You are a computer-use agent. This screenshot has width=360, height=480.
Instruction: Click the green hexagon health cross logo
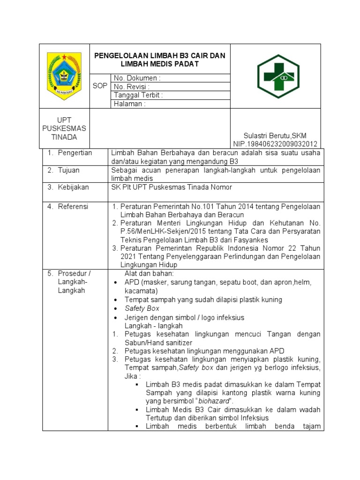tap(278, 76)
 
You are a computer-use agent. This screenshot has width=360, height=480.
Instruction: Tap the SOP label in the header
tap(100, 86)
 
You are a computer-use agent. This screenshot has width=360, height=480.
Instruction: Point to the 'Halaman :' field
tap(129, 104)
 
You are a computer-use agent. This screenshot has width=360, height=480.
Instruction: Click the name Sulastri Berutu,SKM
tap(275, 135)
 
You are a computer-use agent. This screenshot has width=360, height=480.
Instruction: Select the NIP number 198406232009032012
tap(275, 144)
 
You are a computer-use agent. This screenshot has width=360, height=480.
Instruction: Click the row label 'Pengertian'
tap(75, 153)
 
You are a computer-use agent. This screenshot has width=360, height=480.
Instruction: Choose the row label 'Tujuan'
tap(69, 170)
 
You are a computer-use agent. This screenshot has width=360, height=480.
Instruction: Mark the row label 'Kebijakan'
tap(73, 187)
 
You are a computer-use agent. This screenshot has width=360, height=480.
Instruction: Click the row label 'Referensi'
tap(73, 206)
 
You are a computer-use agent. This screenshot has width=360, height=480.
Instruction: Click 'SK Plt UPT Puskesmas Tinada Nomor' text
tap(172, 187)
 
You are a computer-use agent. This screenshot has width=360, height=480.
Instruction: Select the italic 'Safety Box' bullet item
tap(142, 308)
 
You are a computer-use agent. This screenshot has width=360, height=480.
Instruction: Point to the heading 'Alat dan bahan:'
tap(149, 273)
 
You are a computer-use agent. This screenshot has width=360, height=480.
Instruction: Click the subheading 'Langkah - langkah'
tap(154, 326)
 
